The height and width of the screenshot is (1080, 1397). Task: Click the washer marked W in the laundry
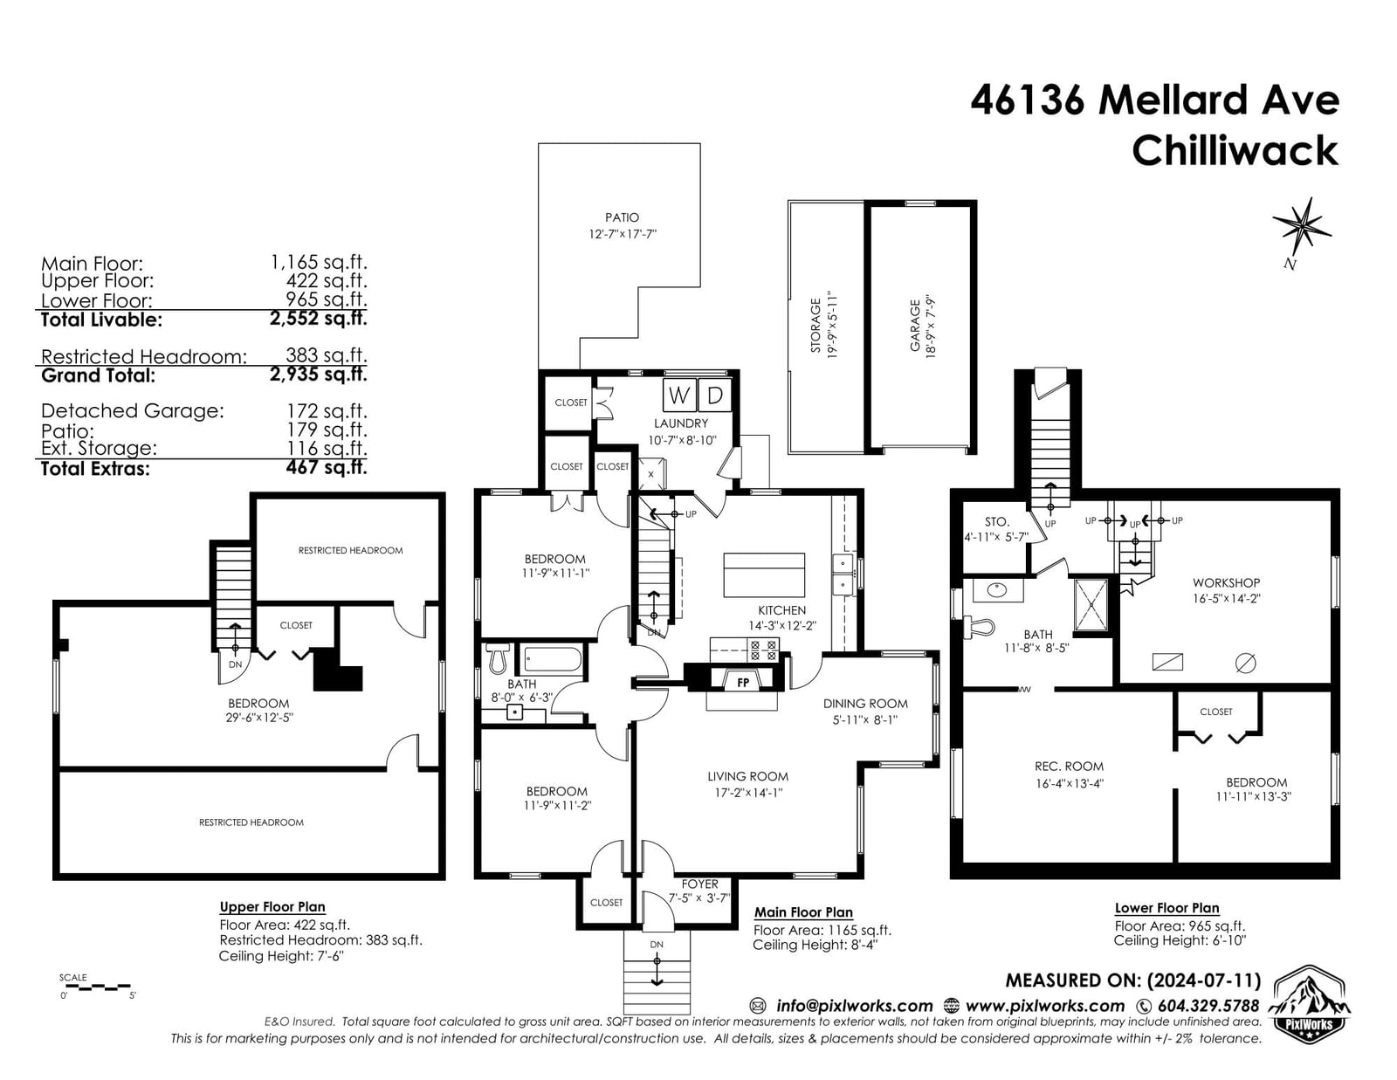[679, 396]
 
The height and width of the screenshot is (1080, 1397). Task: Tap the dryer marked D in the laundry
[714, 396]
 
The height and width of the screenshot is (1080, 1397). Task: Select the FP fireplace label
[743, 683]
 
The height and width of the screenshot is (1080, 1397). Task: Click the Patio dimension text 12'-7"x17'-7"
[622, 234]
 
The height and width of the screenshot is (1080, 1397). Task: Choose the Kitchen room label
[781, 610]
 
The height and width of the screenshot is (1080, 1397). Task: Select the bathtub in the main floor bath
[553, 659]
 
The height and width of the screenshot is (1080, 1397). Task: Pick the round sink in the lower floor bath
[996, 589]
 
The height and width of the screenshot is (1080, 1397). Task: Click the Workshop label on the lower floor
[1226, 583]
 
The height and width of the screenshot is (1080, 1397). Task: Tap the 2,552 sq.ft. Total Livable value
[318, 318]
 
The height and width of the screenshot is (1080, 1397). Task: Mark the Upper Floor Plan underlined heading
[272, 907]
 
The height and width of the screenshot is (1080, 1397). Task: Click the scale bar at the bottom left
[95, 986]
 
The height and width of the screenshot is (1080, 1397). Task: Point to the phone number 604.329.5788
[1208, 1006]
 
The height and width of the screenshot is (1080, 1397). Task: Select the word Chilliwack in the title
[1235, 152]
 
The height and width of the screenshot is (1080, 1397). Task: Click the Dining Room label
[865, 704]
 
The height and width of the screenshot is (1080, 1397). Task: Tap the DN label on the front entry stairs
[657, 945]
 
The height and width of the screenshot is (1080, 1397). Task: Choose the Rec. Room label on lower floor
[1069, 767]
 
